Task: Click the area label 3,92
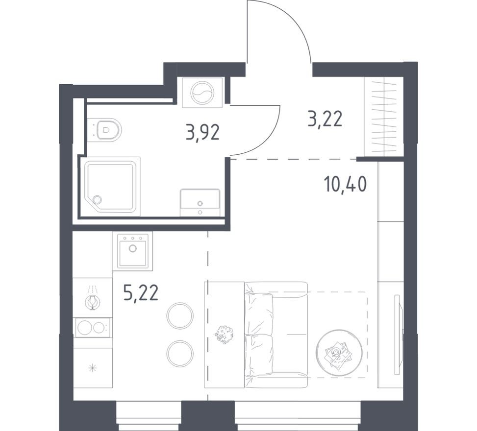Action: (202, 132)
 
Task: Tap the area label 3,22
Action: (325, 119)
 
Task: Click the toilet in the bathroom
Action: (108, 130)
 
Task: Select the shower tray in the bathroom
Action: (112, 186)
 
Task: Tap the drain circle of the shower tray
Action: (97, 199)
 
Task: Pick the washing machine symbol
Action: (202, 93)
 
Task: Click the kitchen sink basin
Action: (132, 251)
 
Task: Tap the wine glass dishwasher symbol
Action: (92, 300)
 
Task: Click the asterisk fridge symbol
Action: (92, 368)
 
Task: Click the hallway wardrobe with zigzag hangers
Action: (384, 118)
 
